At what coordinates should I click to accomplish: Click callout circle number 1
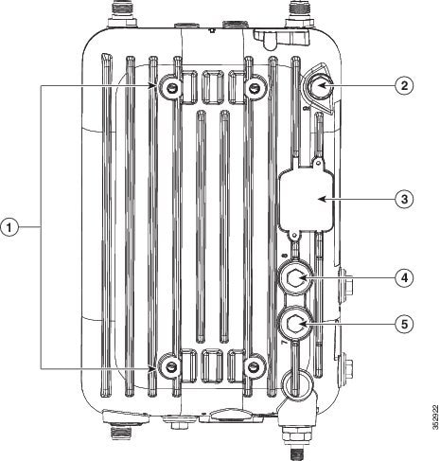coord(9,227)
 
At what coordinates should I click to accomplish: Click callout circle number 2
coord(405,85)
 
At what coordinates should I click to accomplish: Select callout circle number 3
coord(405,199)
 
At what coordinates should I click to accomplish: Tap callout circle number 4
coord(405,277)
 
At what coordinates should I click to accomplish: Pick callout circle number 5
coord(405,324)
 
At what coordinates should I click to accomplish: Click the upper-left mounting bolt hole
coord(170,88)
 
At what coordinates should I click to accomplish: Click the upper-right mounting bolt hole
coord(254,88)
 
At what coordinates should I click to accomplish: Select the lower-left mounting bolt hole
coord(170,366)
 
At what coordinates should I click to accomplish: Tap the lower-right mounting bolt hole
coord(254,366)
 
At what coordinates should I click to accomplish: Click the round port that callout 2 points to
coord(319,86)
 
